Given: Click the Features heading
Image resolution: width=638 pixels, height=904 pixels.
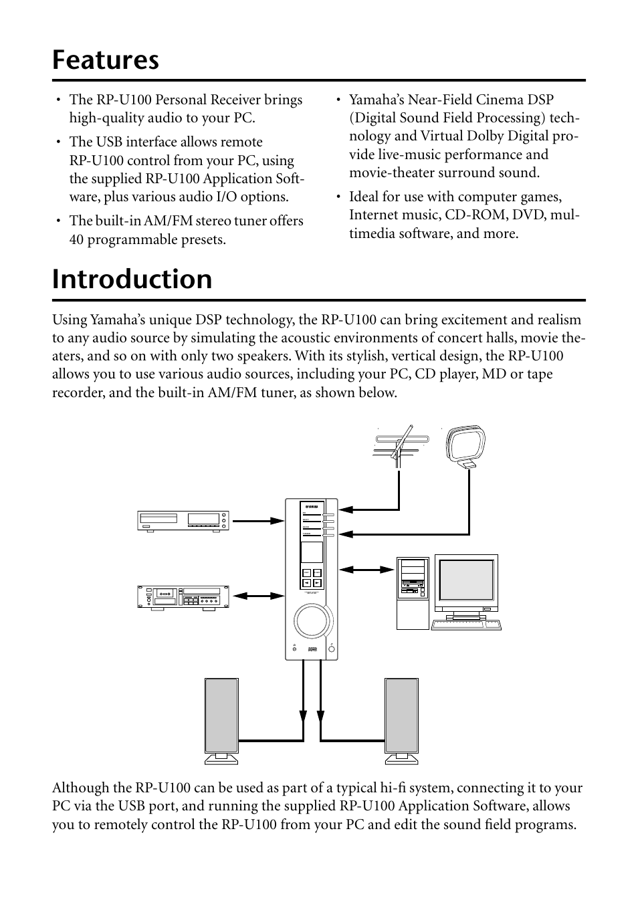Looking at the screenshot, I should pos(106,60).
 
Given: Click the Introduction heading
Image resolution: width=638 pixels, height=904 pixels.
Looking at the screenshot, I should pos(132,279).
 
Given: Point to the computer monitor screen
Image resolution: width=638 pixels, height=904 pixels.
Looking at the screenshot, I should pos(466,580).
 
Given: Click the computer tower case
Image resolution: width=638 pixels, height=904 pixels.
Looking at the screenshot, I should pos(412,592).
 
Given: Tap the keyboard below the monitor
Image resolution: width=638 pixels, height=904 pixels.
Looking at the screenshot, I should pos(466,625).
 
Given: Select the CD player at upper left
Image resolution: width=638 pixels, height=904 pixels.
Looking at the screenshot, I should pos(183,520).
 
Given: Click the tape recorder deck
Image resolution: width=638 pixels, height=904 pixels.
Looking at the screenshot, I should pos(183,596).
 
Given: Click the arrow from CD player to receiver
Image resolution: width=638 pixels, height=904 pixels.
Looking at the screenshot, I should pos(257,520).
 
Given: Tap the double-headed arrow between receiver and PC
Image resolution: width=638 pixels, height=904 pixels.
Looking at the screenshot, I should pos(367,570).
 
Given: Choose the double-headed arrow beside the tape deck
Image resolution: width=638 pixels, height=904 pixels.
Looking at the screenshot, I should pos(257,595).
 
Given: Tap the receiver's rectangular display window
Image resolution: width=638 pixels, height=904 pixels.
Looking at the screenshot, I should pos(311,552).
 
